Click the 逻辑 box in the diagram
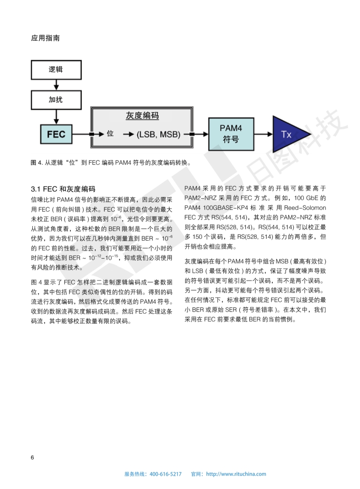56,70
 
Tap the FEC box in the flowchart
56,134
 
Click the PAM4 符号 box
231,133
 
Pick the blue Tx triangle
288,134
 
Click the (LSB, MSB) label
158,134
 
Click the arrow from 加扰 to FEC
56,117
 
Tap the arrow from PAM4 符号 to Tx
263,134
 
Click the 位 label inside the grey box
110,134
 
